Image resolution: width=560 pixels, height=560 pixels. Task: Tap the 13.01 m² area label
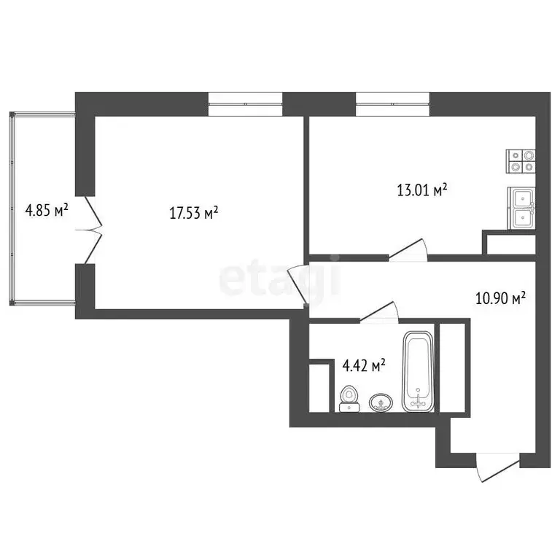(421, 191)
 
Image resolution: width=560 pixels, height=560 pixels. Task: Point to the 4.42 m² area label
(364, 365)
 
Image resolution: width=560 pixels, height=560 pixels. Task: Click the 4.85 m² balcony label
(47, 211)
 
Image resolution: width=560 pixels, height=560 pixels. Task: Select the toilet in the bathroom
(350, 398)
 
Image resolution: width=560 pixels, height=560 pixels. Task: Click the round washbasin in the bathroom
(381, 402)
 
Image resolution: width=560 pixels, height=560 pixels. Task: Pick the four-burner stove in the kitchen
(521, 160)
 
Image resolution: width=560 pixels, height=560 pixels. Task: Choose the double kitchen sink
(522, 207)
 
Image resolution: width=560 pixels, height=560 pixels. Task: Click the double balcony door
(91, 229)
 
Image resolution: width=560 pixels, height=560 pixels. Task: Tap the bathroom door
(378, 314)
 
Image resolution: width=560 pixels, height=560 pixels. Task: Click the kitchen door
(409, 250)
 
